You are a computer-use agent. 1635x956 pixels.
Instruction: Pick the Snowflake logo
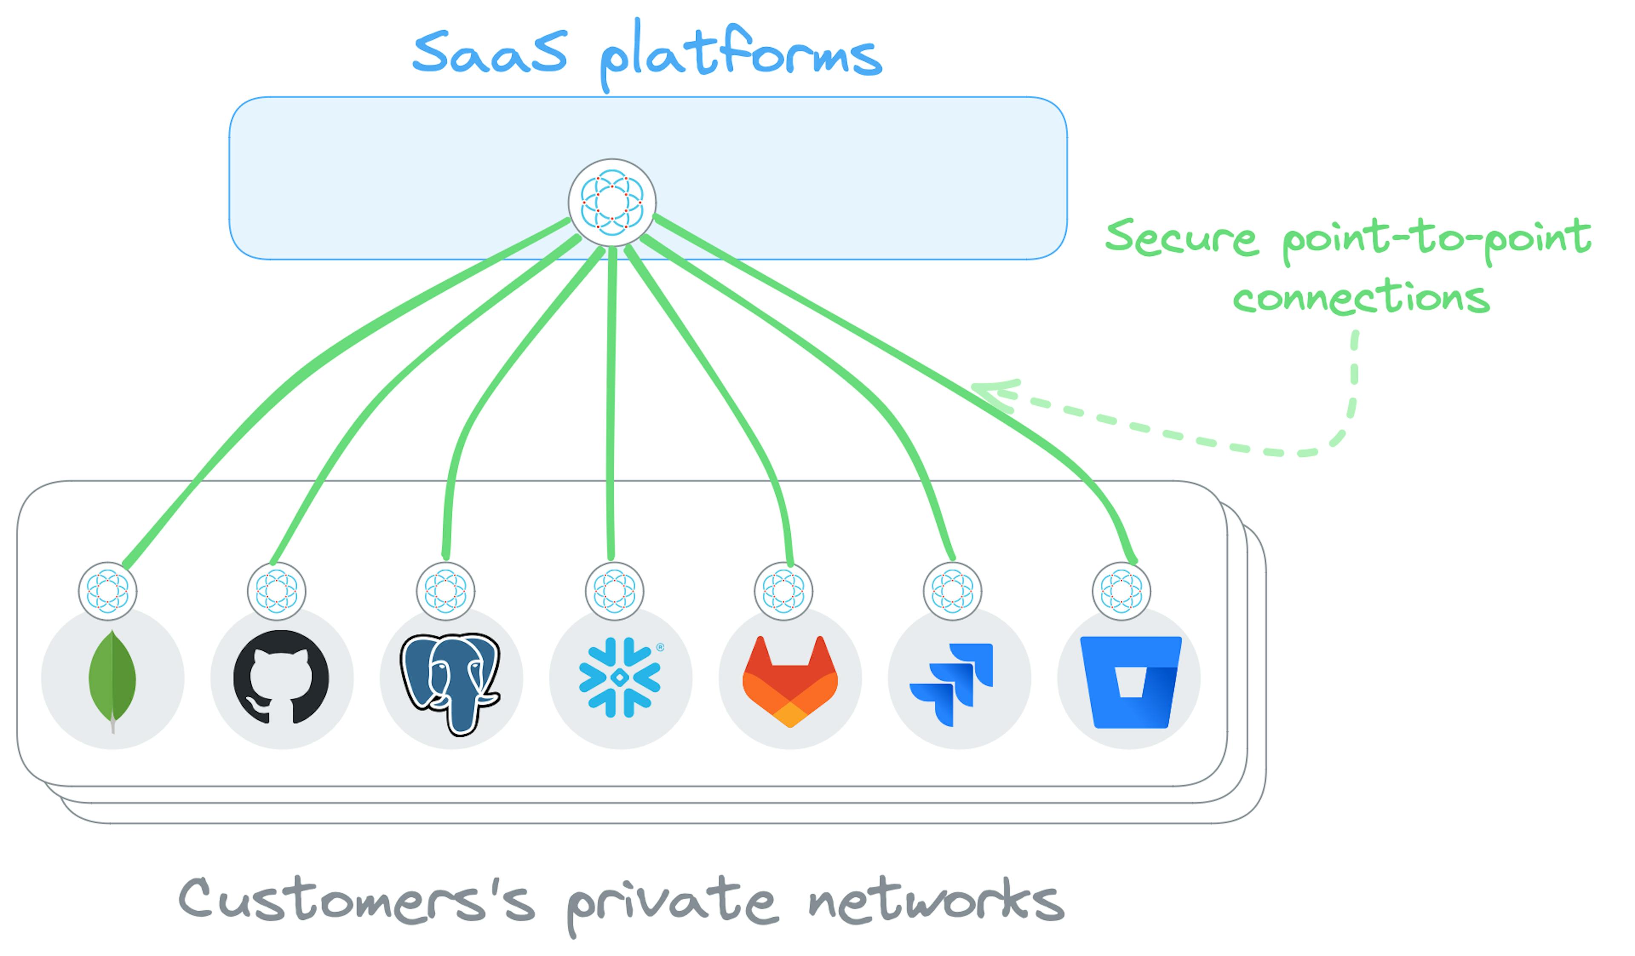(x=619, y=678)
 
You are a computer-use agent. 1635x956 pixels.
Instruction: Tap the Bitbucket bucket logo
(x=1130, y=681)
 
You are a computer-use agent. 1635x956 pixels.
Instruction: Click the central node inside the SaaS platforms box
(x=612, y=202)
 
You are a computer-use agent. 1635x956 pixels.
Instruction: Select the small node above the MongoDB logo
(x=108, y=591)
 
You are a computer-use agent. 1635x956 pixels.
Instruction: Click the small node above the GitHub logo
(x=276, y=591)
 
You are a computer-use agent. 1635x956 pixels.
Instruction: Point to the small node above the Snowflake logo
(x=614, y=591)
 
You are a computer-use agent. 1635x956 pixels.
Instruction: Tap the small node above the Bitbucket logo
(x=1121, y=591)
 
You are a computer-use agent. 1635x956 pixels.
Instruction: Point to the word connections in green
(x=1361, y=298)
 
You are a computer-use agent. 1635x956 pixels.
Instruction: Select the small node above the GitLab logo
(x=783, y=591)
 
